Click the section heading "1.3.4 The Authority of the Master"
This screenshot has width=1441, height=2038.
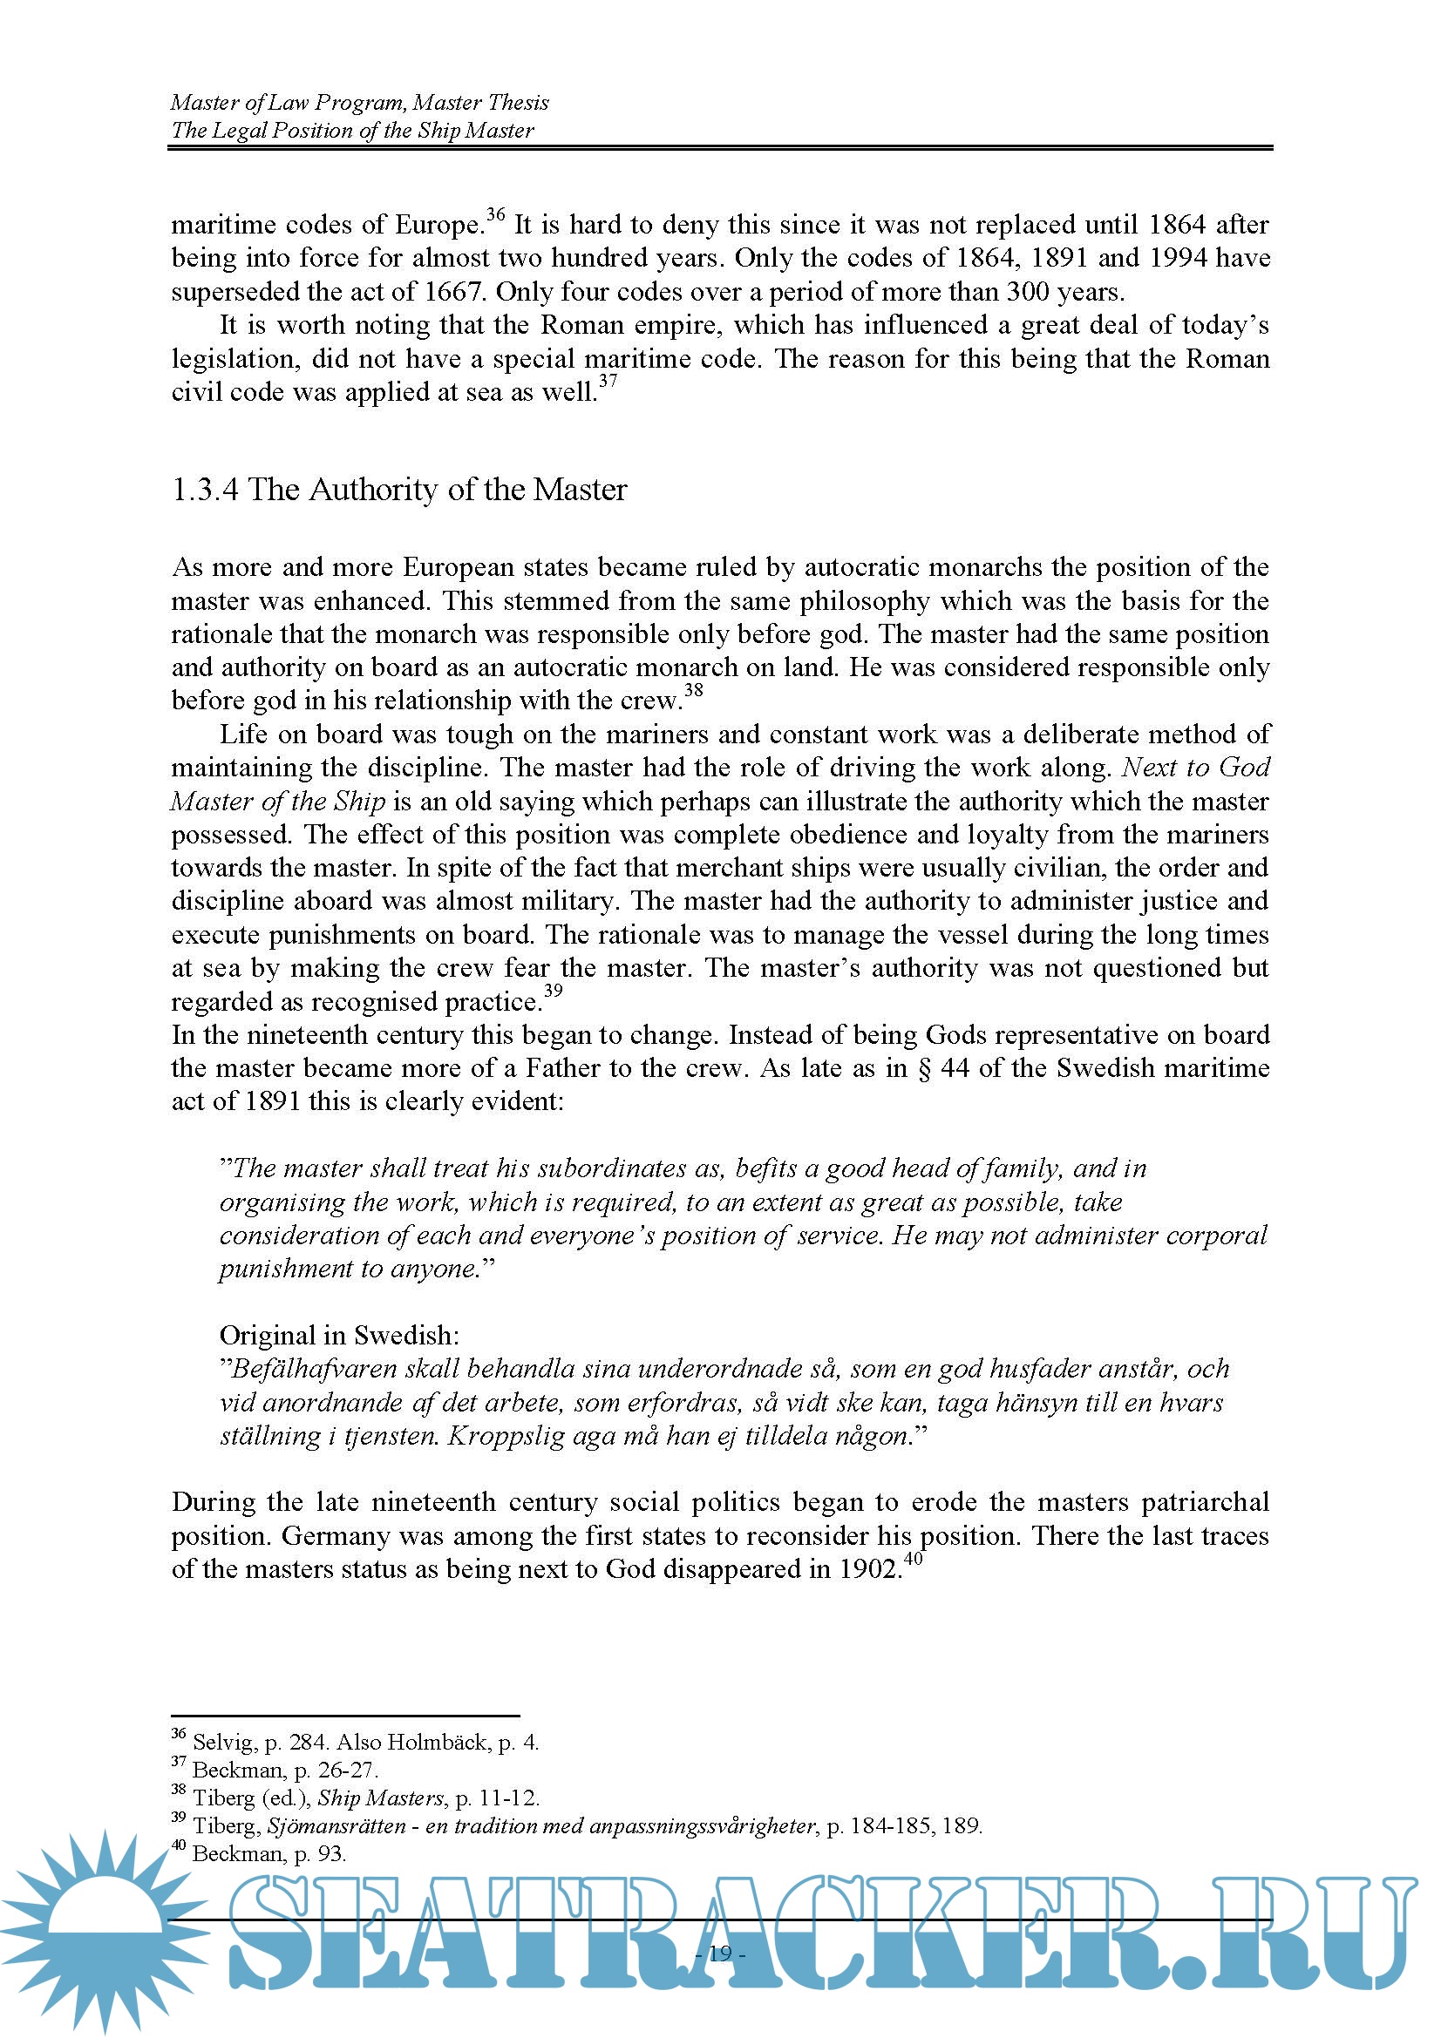[x=398, y=489]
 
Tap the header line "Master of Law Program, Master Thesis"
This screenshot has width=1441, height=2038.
[x=359, y=103]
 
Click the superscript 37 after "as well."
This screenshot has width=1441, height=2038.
[x=608, y=381]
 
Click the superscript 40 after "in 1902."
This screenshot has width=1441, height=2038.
[x=913, y=1559]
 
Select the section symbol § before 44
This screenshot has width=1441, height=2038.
[x=924, y=1068]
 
